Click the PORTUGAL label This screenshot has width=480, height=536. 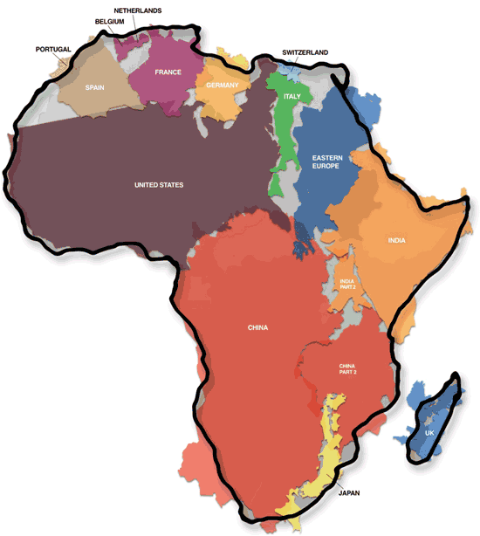pos(52,49)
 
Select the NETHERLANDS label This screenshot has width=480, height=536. pos(137,10)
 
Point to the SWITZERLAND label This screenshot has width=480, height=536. pos(305,52)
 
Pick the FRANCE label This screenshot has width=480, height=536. pos(168,72)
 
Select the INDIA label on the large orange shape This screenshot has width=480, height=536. pos(396,240)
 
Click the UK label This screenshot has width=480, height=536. pos(429,433)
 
